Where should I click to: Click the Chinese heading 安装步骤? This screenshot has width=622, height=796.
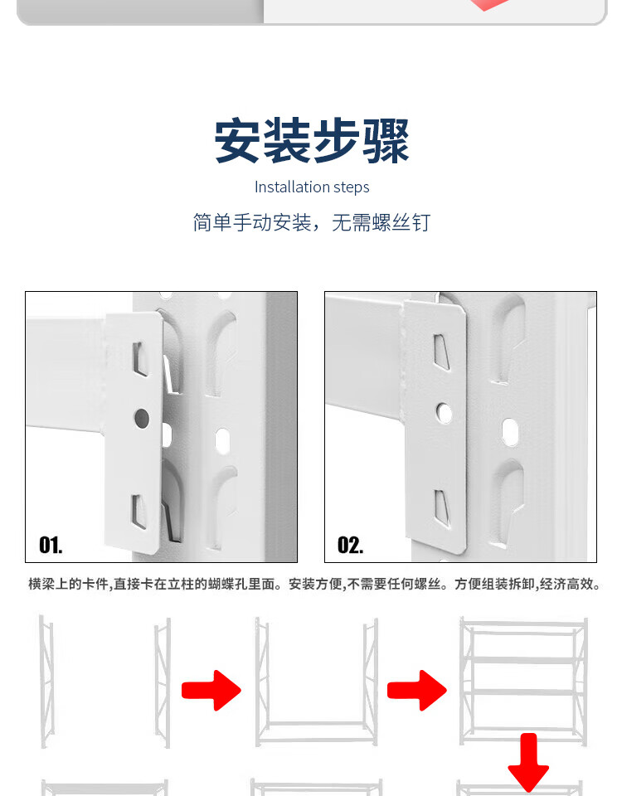point(312,141)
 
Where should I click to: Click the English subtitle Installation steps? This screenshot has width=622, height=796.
point(312,187)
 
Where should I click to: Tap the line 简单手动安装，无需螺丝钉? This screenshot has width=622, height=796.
point(312,222)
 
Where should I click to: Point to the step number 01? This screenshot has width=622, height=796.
point(51,546)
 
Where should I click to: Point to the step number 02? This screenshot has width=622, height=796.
point(350,546)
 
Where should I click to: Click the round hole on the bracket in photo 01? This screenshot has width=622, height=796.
point(142,418)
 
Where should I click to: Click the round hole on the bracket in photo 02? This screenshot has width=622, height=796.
point(444,412)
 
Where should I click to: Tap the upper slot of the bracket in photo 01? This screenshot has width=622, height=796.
point(139,358)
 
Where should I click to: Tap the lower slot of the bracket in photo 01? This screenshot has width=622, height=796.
point(138,512)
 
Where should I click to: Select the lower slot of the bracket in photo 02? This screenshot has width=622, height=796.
point(442,507)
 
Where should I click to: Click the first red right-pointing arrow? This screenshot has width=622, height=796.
point(211,691)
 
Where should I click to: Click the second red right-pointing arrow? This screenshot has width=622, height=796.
point(417,691)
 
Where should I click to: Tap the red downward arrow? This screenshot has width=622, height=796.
point(528,761)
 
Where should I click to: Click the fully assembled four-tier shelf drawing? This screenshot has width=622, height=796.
point(523,682)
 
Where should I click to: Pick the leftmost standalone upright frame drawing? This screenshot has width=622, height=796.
point(46,682)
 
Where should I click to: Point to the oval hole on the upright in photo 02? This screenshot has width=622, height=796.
point(510,433)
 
